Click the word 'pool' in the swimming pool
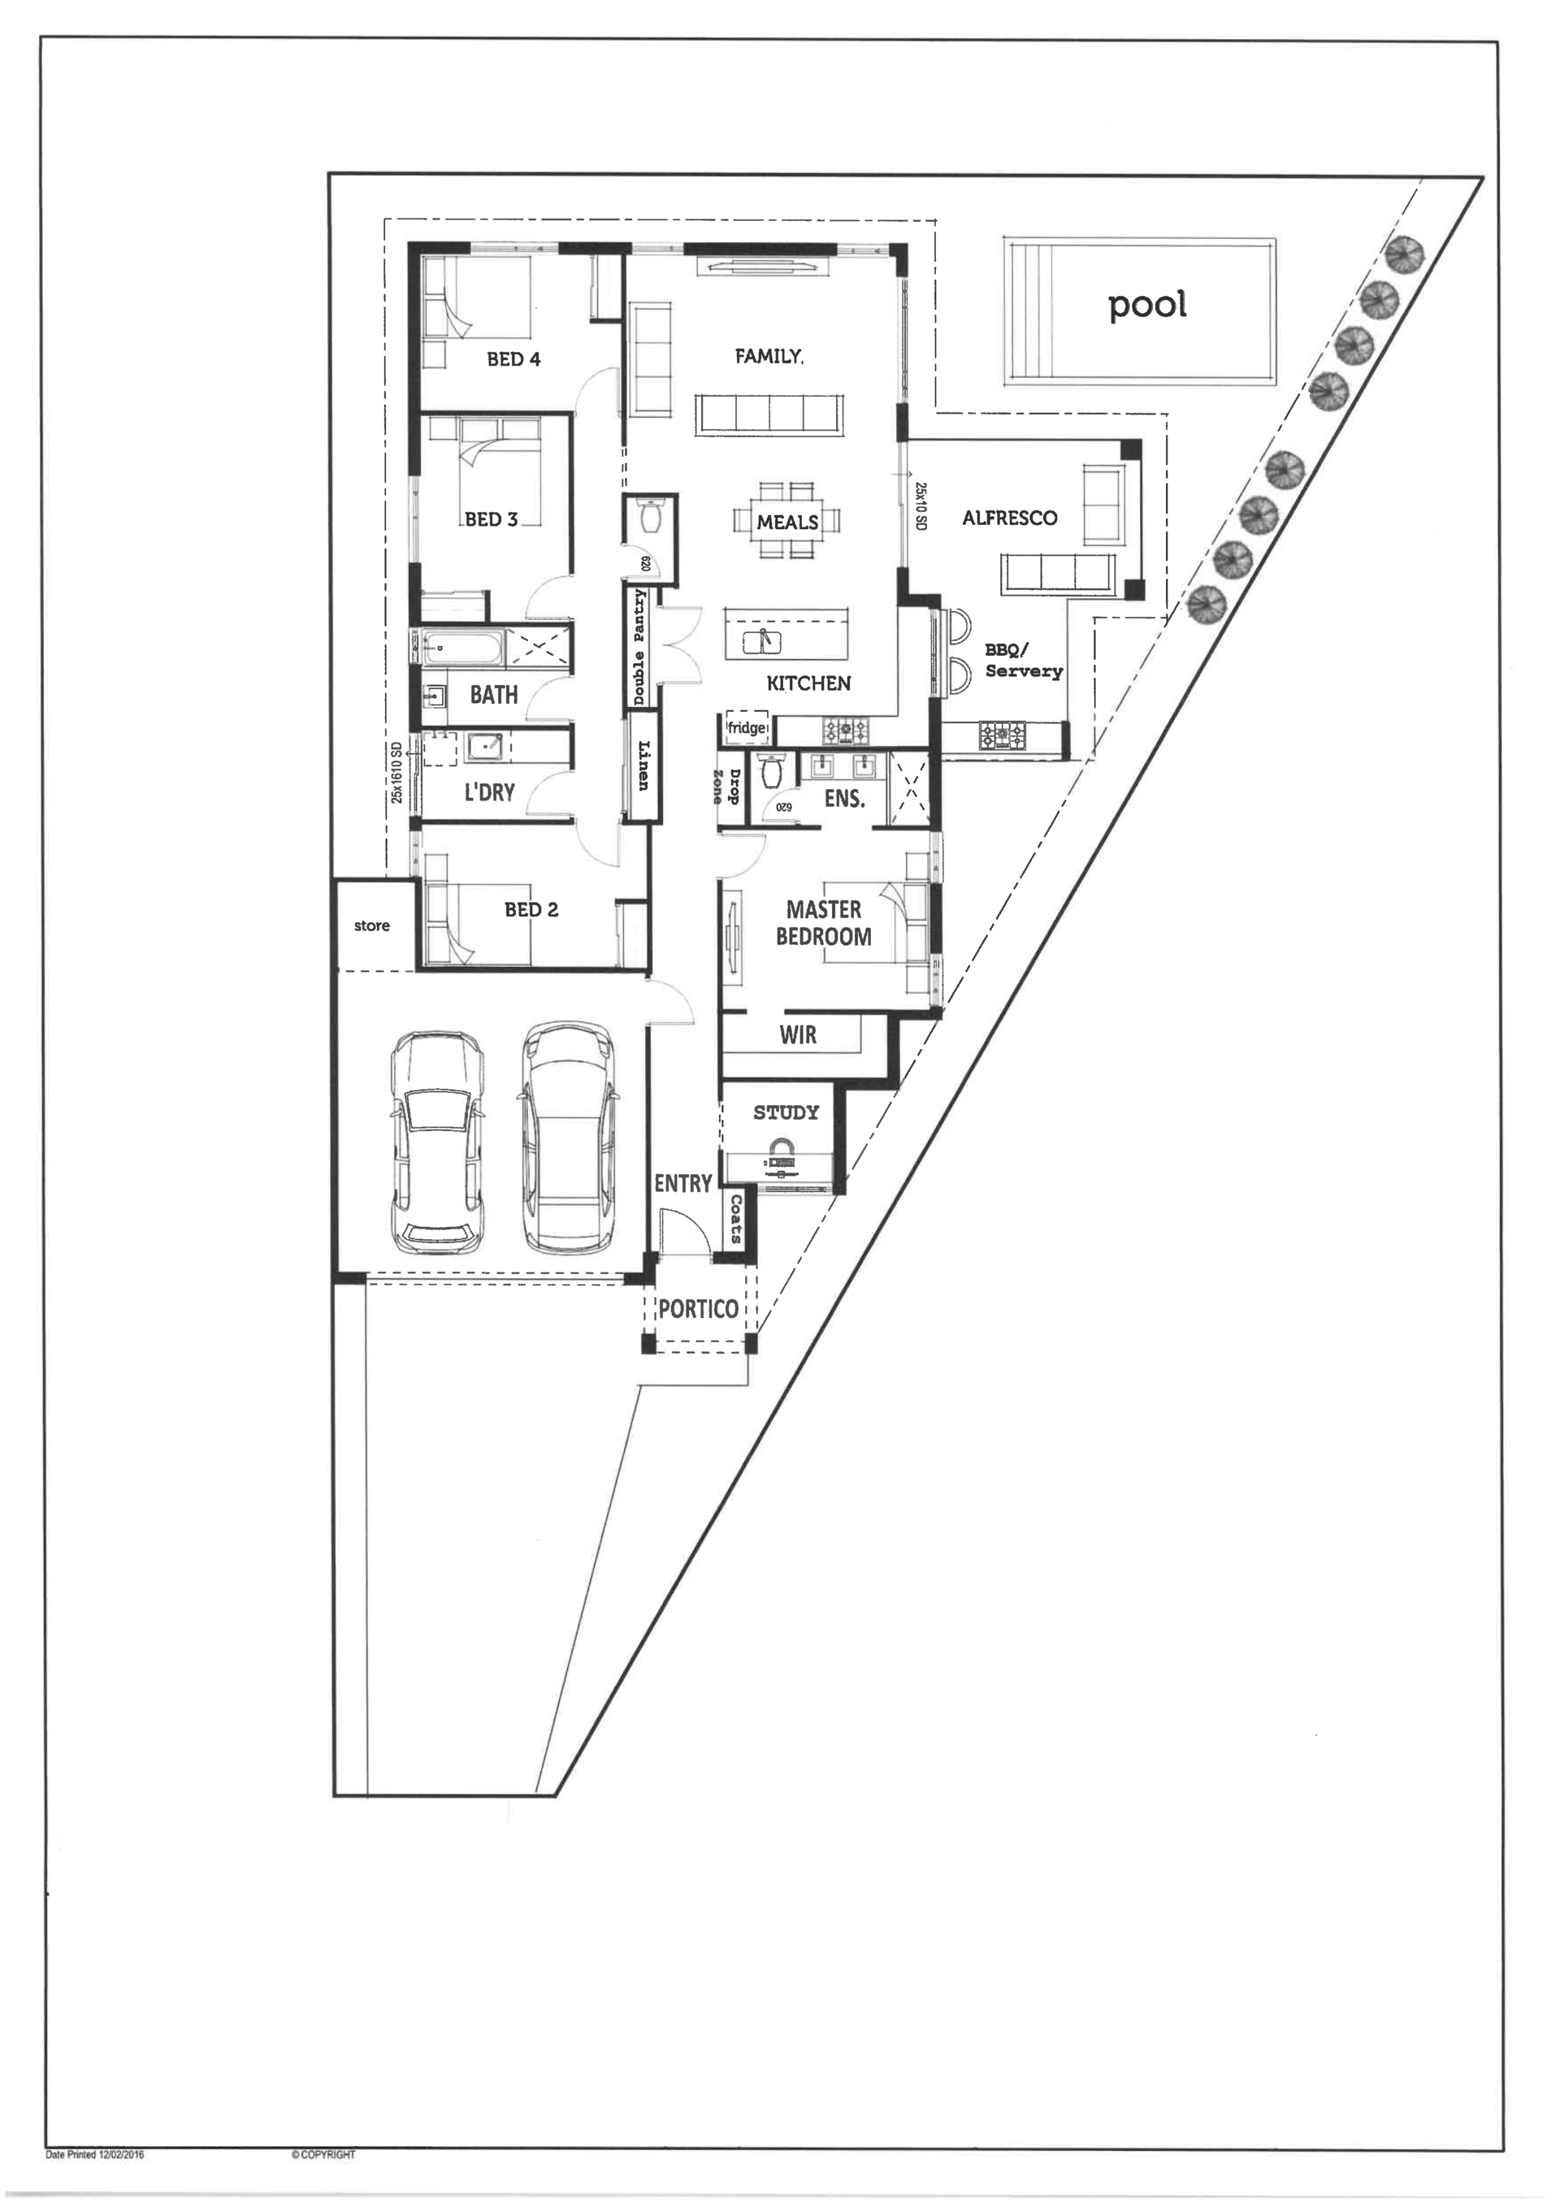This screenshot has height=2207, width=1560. click(1147, 306)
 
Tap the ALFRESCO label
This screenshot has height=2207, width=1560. click(1009, 518)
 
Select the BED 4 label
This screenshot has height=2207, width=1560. click(513, 359)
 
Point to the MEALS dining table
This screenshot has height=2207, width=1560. click(787, 520)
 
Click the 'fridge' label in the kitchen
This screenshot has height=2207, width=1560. click(747, 727)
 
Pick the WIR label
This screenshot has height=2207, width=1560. click(798, 1035)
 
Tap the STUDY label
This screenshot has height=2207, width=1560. click(786, 1112)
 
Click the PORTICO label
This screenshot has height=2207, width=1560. click(698, 1308)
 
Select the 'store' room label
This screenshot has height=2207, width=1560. click(372, 926)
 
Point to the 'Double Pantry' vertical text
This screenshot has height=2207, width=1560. click(639, 647)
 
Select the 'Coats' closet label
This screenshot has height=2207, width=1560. click(736, 1219)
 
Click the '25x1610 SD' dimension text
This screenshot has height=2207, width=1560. click(397, 773)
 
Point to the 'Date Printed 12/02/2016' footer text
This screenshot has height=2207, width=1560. click(95, 2155)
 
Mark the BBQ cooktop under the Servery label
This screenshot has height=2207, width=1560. click(1003, 736)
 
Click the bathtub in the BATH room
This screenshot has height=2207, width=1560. click(462, 648)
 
